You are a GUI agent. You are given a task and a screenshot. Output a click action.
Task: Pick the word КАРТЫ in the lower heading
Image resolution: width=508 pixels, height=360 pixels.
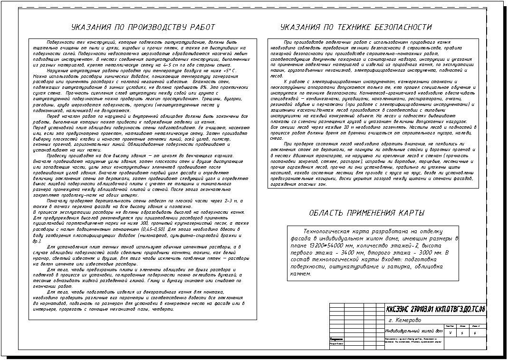(410, 213)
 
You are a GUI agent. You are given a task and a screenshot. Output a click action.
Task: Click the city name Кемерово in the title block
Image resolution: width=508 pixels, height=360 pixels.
(408, 320)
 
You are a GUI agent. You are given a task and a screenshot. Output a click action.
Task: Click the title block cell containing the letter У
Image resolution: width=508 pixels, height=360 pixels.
(450, 333)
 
